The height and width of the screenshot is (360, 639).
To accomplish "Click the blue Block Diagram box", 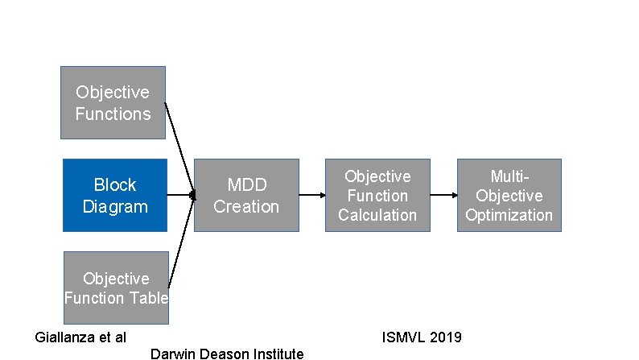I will (115, 195).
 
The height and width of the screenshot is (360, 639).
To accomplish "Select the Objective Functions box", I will (113, 102).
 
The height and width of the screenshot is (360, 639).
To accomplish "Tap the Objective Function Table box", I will (116, 288).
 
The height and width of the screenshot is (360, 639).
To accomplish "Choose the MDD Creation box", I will (246, 195).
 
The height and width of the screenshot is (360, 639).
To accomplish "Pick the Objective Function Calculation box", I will (377, 195).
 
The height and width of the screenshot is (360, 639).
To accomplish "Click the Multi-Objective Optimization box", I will (509, 195).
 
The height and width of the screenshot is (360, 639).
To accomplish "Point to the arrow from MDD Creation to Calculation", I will (312, 195).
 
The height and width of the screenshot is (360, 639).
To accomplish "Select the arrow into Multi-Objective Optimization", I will (443, 195).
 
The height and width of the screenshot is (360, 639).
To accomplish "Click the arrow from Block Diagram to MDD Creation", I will (181, 195).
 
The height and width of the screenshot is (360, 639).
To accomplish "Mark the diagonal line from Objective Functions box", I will (179, 149).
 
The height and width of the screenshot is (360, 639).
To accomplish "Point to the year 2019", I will (446, 337).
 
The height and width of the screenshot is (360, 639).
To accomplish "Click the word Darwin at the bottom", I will (171, 354).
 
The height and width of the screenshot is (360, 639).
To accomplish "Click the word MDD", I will (246, 185).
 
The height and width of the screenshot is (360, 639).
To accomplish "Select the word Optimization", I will (509, 215).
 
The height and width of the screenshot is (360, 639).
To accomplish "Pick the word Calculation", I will (377, 215).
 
